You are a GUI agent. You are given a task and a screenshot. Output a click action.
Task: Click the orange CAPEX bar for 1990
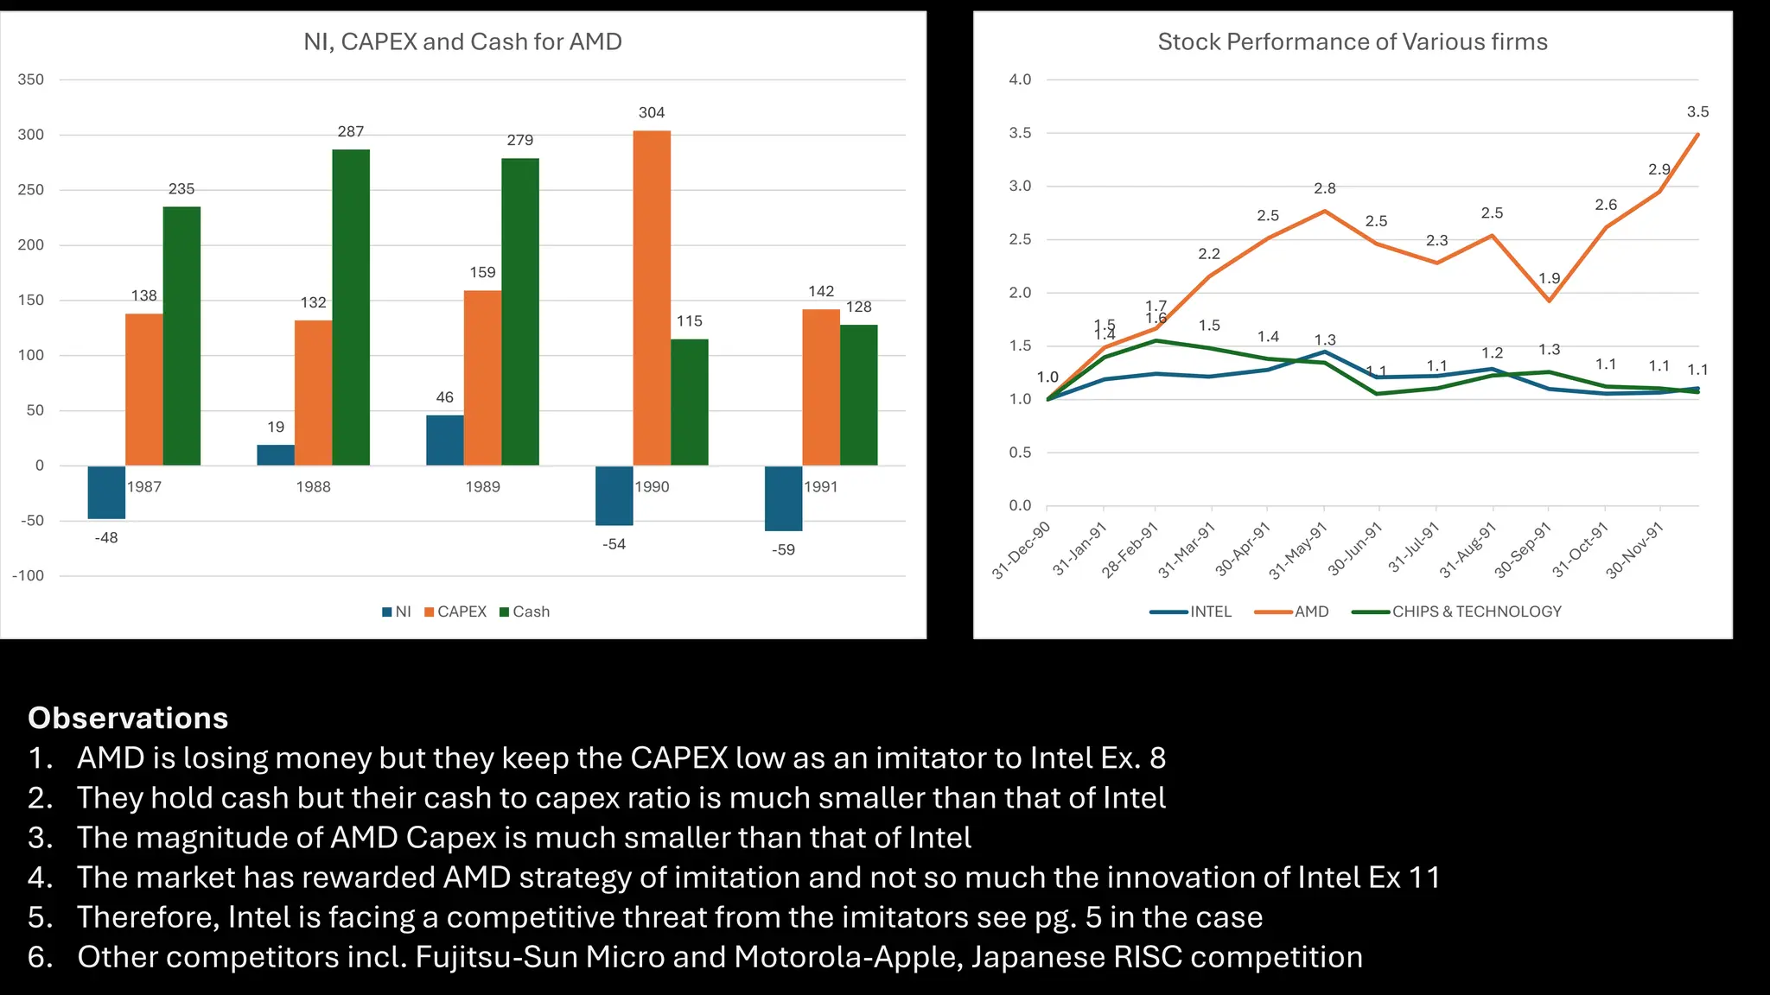coord(652,298)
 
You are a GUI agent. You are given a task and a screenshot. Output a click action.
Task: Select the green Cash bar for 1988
coord(351,307)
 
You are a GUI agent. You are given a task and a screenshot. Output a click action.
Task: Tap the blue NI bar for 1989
coord(444,440)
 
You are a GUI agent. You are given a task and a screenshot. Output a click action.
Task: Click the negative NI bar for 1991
coord(783,498)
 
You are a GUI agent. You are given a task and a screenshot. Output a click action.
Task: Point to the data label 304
coord(652,112)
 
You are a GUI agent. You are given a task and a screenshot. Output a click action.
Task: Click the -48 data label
coord(106,537)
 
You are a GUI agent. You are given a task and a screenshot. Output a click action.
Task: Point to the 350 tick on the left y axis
coord(31,79)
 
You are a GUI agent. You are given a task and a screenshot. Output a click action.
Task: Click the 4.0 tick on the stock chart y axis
coord(1020,79)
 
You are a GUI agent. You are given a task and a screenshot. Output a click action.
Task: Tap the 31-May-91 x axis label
coord(1297,550)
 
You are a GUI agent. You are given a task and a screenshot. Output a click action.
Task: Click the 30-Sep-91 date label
coord(1522,550)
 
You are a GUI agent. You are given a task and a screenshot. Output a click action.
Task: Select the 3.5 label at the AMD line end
coord(1697,112)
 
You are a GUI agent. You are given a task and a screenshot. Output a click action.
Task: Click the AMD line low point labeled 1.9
coord(1549,300)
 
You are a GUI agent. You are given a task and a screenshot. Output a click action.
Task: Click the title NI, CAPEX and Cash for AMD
coord(462,41)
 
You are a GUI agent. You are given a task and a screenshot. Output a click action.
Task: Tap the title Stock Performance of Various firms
coord(1352,41)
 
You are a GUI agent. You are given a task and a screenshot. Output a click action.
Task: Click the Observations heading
coord(128,718)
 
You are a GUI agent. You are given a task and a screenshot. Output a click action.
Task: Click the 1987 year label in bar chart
coord(144,487)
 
